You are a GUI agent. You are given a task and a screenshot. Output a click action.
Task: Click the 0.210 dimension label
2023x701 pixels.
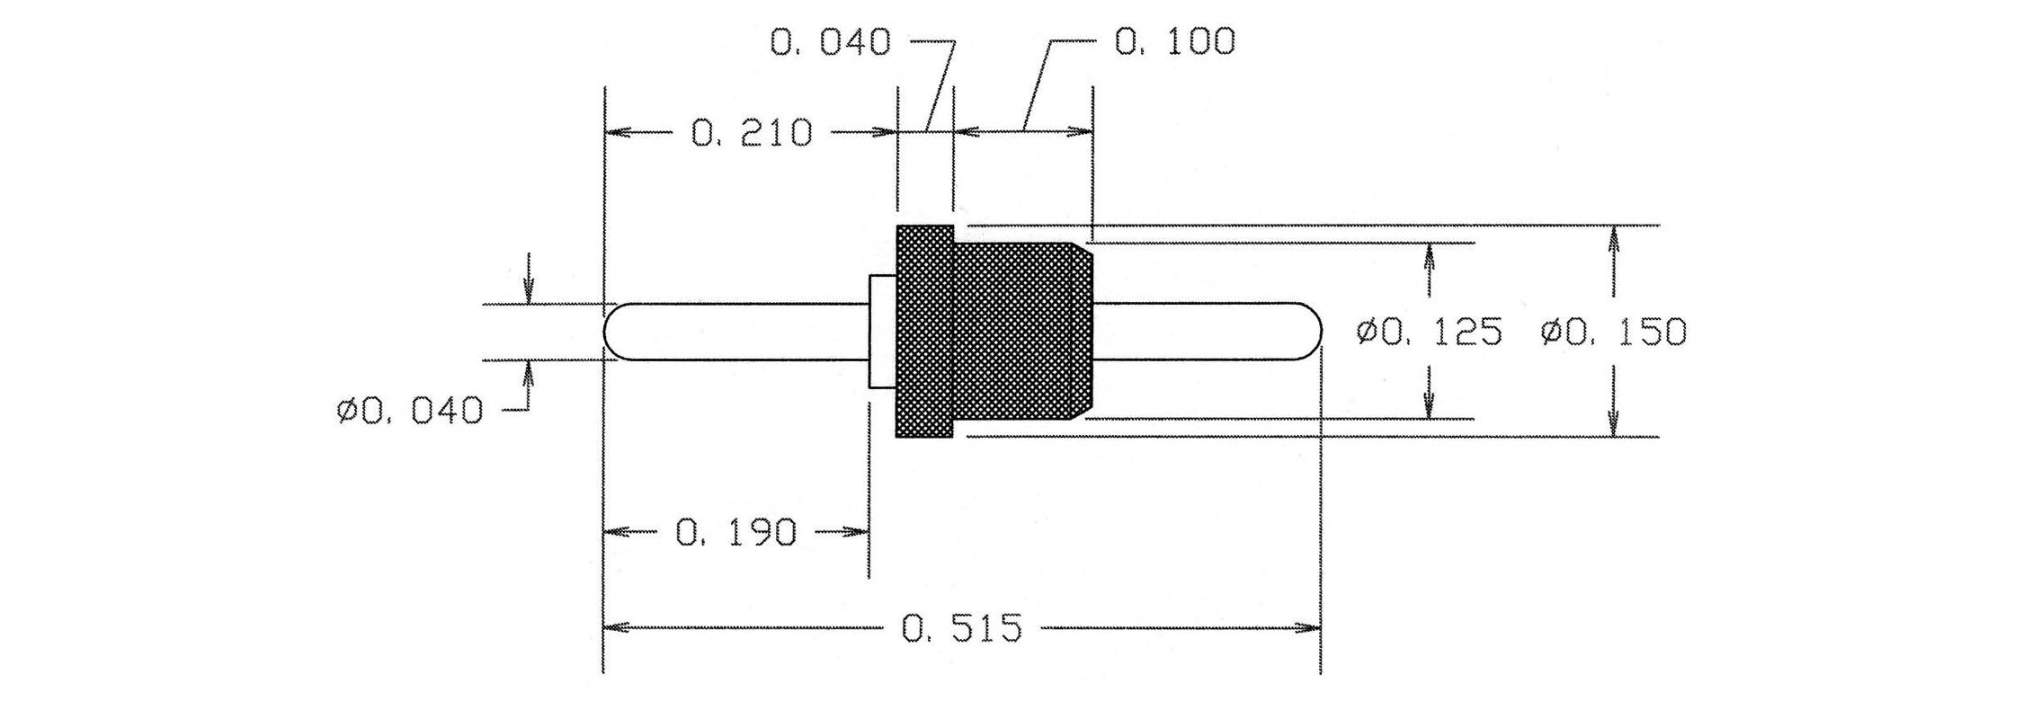pyautogui.click(x=752, y=133)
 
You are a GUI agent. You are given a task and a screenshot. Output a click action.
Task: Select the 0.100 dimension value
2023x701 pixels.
pyautogui.click(x=1174, y=41)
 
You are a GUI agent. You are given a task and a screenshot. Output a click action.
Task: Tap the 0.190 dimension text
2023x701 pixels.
pyautogui.click(x=735, y=533)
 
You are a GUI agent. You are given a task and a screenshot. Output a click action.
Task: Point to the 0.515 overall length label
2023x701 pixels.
pyautogui.click(x=962, y=628)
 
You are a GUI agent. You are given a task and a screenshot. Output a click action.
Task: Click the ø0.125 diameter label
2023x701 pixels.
pyautogui.click(x=1429, y=333)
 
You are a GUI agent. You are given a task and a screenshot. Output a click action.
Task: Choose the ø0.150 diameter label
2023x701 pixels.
pyautogui.click(x=1613, y=333)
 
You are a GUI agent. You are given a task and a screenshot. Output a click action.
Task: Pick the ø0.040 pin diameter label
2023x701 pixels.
pyautogui.click(x=410, y=412)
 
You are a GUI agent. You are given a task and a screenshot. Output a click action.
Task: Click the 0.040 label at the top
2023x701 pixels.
pyautogui.click(x=831, y=42)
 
